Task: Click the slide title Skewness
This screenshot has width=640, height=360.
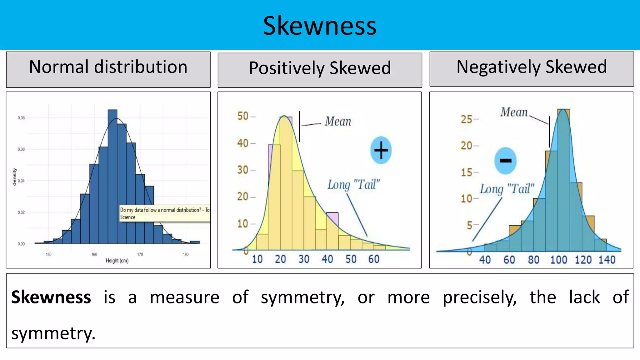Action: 319,26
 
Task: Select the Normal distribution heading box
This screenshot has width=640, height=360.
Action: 108,69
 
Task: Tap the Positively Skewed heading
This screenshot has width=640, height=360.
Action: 320,69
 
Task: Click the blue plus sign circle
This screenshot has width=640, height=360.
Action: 381,150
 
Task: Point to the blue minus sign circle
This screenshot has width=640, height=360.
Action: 505,161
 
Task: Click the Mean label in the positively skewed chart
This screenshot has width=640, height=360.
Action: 338,121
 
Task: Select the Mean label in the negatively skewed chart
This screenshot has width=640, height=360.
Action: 514,112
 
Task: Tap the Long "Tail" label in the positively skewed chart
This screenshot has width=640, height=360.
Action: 353,185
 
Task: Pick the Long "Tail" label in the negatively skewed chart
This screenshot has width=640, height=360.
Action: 507,189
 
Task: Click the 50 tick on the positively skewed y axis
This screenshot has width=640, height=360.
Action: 243,116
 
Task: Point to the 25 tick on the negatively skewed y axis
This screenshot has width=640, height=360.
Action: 467,119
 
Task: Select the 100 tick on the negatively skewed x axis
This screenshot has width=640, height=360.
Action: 558,260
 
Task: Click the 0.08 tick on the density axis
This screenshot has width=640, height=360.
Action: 21,118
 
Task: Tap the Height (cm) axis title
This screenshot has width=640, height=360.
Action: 117,261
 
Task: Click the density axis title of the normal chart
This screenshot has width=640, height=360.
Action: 14,177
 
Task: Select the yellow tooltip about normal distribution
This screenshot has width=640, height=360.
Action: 165,213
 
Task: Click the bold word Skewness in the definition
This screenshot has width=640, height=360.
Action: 51,297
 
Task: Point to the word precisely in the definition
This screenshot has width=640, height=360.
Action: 479,297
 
